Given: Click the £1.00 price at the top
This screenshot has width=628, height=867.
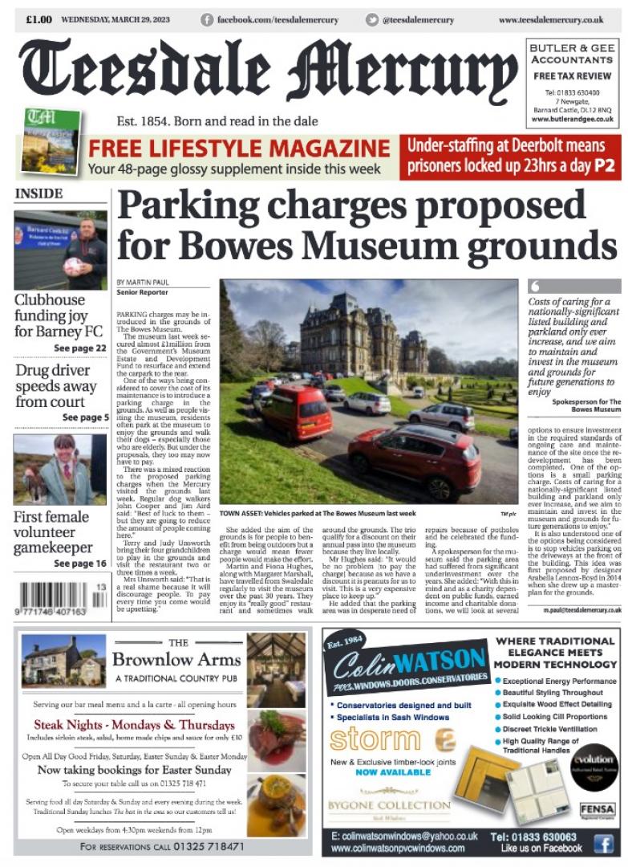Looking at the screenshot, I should click(x=39, y=19).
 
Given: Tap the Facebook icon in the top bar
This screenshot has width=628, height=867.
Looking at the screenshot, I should click(x=207, y=20).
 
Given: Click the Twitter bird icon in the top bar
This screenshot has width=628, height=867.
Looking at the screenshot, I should click(x=371, y=20).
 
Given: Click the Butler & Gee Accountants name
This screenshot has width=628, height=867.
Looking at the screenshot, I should click(x=572, y=54).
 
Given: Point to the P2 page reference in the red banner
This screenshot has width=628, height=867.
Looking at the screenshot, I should click(x=605, y=167).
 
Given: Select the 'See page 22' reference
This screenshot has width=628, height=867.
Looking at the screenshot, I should click(x=79, y=348).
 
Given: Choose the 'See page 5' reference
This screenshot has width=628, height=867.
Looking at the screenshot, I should click(x=84, y=417).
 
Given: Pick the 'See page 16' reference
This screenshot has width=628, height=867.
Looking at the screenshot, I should click(x=79, y=564).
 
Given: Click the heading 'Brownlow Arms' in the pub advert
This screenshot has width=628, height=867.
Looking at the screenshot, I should click(x=176, y=659).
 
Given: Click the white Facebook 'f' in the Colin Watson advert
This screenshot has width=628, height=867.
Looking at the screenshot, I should click(x=604, y=842).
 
